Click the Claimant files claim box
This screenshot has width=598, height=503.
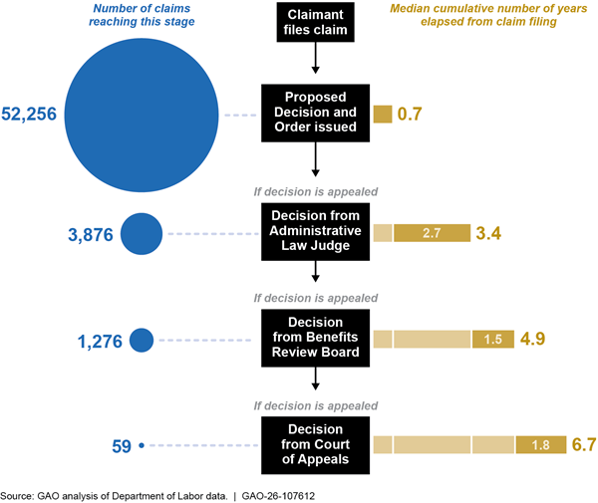pyautogui.click(x=315, y=22)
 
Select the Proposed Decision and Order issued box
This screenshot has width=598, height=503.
pyautogui.click(x=315, y=114)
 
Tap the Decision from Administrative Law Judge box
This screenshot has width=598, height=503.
pyautogui.click(x=315, y=232)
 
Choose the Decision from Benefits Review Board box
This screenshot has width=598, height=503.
pyautogui.click(x=315, y=338)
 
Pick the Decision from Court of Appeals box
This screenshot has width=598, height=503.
pyautogui.click(x=315, y=445)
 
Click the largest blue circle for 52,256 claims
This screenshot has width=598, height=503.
pyautogui.click(x=142, y=116)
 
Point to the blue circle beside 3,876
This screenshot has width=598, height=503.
pyautogui.click(x=142, y=234)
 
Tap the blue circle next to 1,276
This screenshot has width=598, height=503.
pyautogui.click(x=142, y=340)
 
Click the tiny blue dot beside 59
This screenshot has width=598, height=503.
pyautogui.click(x=142, y=445)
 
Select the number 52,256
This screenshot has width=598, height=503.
pyautogui.click(x=29, y=114)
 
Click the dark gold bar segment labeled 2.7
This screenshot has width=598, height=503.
pyautogui.click(x=433, y=233)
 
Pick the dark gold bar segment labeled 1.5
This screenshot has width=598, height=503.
pyautogui.click(x=493, y=339)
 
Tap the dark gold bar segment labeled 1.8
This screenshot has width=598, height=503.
pyautogui.click(x=541, y=444)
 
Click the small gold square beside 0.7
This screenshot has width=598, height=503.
pyautogui.click(x=383, y=114)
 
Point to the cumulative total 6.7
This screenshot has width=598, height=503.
pyautogui.click(x=584, y=444)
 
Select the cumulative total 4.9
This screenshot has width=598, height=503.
pyautogui.click(x=533, y=339)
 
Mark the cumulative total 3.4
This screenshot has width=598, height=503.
pyautogui.click(x=488, y=233)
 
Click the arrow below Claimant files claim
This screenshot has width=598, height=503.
pyautogui.click(x=315, y=58)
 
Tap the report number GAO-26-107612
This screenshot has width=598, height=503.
pyautogui.click(x=278, y=496)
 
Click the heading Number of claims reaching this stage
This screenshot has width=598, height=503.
pyautogui.click(x=142, y=15)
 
